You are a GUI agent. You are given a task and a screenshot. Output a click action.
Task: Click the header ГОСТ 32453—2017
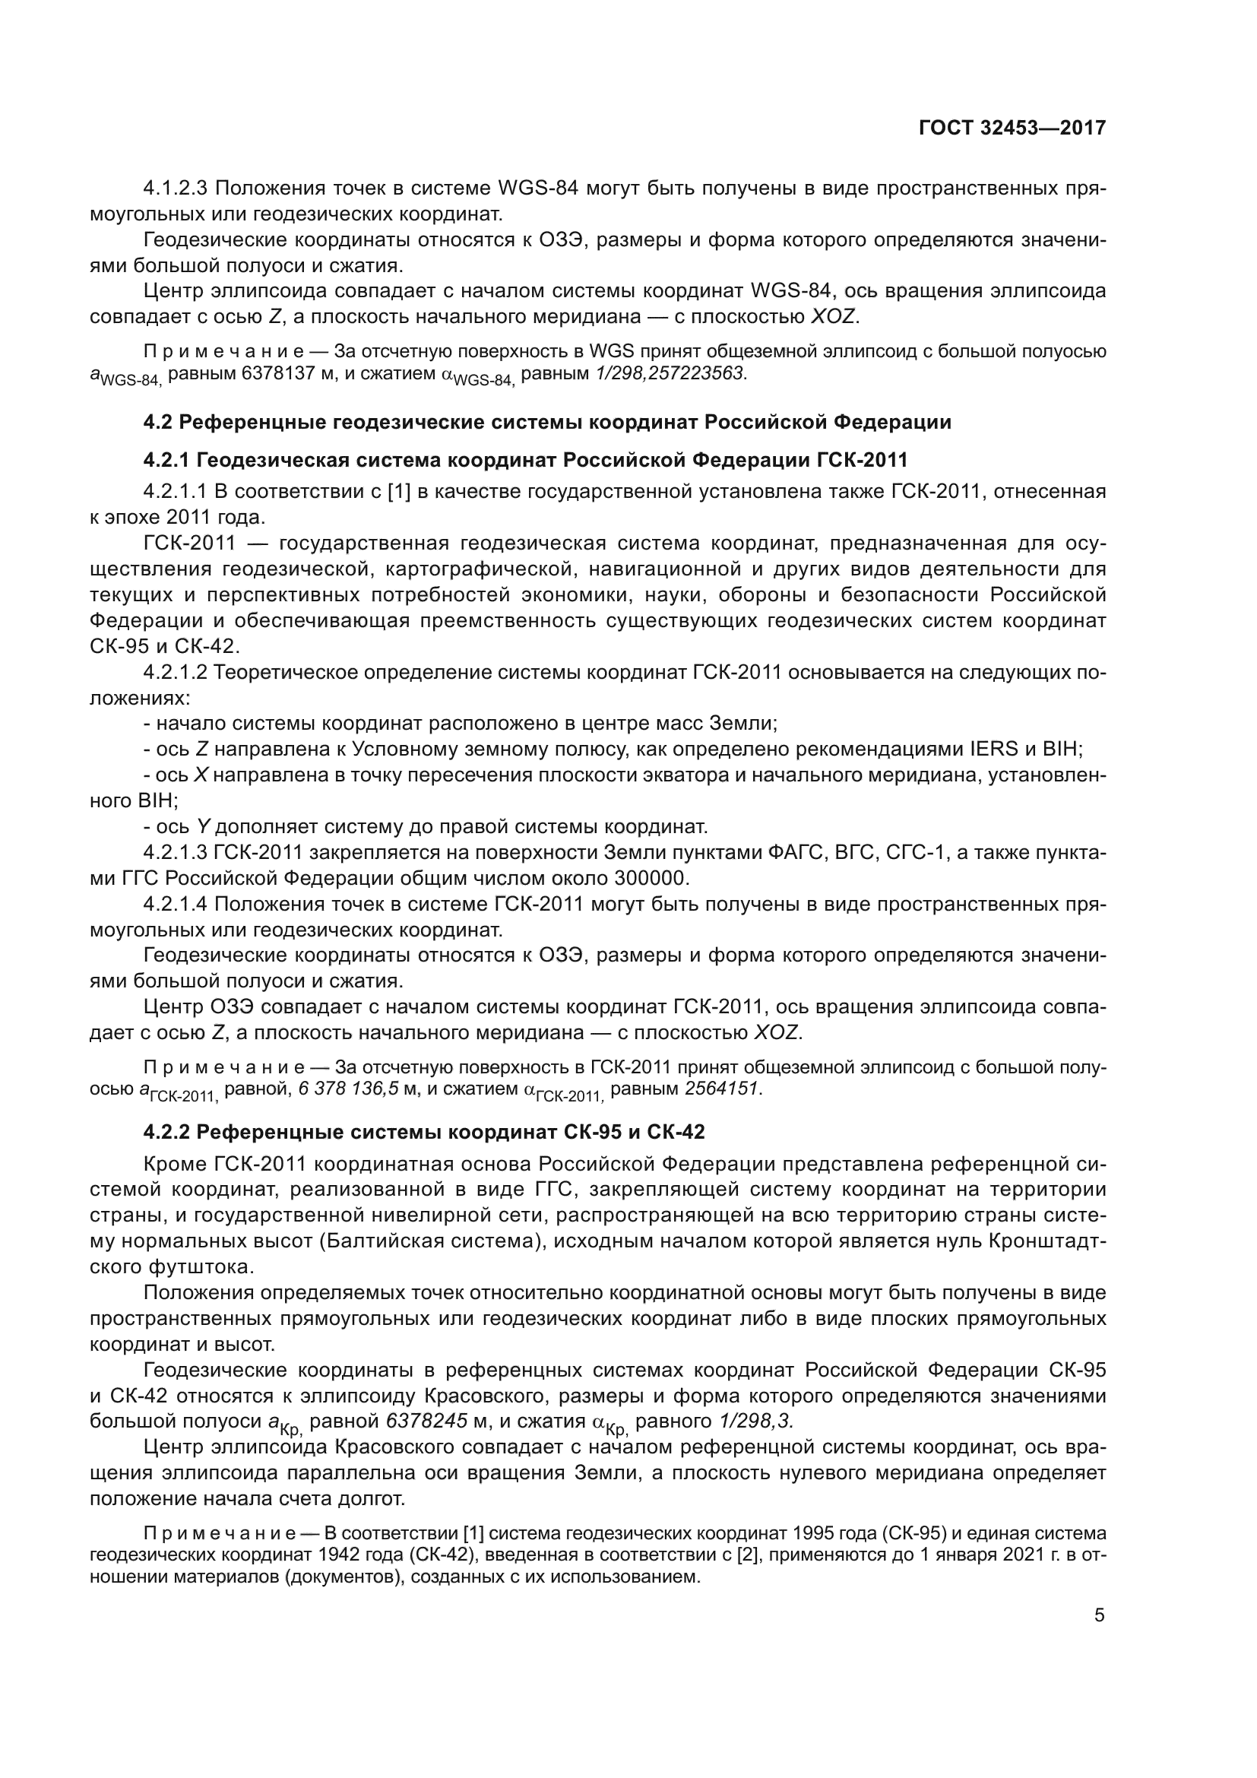point(1012,128)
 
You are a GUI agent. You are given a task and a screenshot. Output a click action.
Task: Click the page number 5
point(1099,1615)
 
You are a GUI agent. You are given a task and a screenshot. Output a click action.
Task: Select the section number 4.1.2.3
point(176,189)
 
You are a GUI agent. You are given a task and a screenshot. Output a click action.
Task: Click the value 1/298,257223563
point(670,373)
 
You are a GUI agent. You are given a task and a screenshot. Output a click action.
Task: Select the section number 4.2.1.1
point(176,491)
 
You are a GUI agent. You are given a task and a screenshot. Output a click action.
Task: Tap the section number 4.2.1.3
point(176,853)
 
